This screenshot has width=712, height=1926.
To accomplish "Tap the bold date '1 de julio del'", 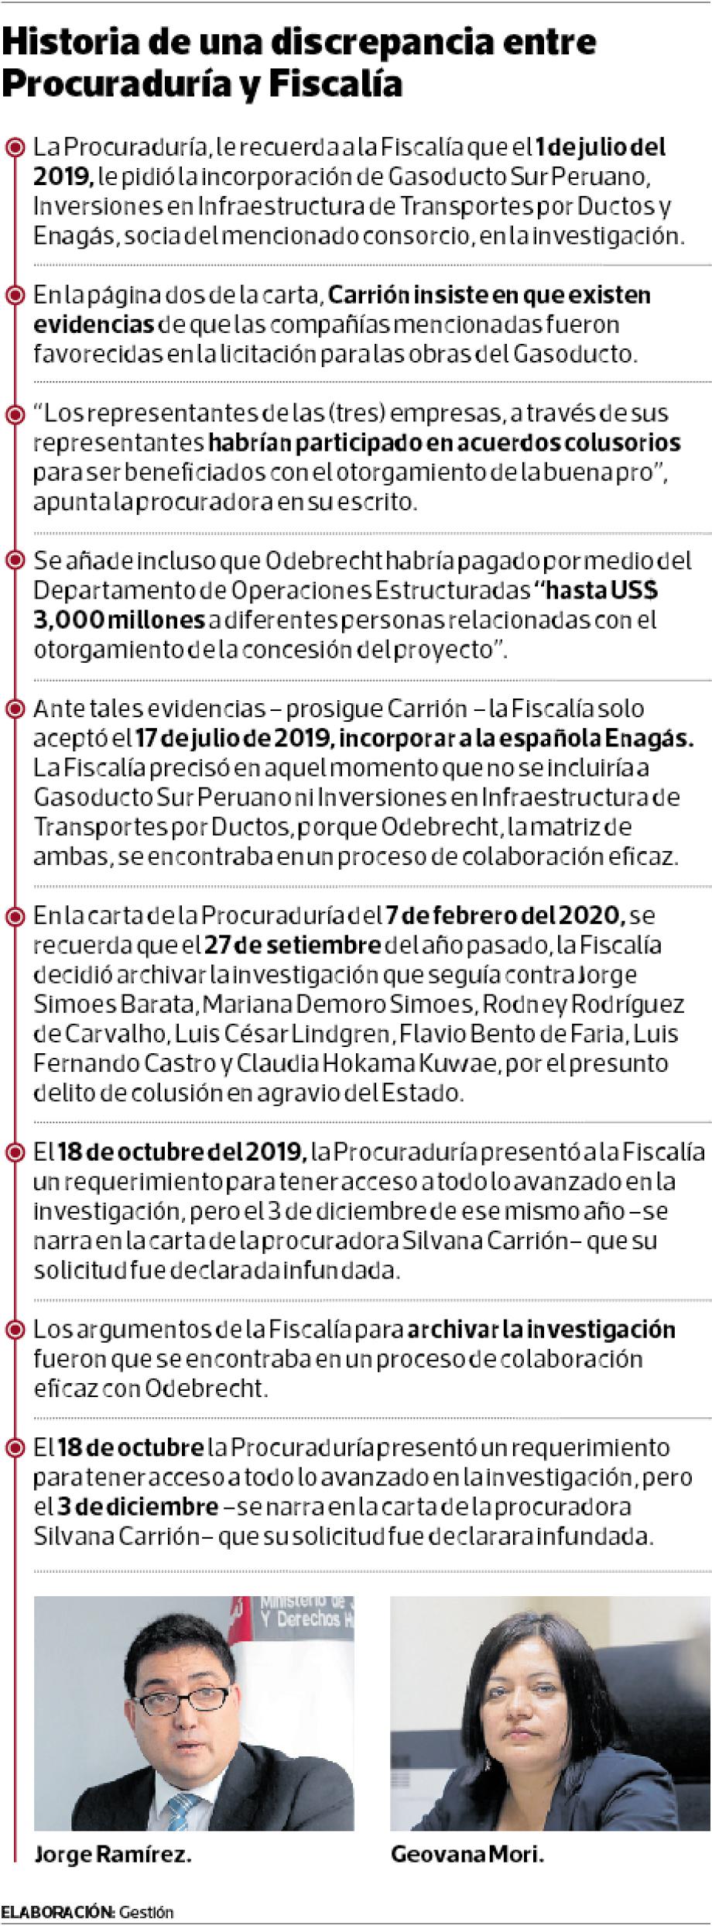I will click(x=601, y=147).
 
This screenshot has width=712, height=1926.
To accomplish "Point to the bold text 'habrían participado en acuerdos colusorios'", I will click(x=444, y=443).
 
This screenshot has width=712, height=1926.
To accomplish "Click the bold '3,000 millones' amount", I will click(x=120, y=620).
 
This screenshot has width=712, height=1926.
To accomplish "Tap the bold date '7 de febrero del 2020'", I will click(x=505, y=916).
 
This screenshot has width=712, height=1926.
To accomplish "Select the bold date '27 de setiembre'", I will click(x=293, y=946).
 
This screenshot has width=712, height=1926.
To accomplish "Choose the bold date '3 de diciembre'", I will click(x=138, y=1508).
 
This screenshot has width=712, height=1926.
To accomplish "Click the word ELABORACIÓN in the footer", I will click(x=57, y=1912).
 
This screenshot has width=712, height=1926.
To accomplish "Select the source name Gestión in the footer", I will click(x=147, y=1912).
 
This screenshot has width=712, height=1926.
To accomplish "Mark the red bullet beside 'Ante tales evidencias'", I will click(x=13, y=709).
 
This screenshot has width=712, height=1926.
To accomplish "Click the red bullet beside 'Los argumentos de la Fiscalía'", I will click(x=13, y=1330).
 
